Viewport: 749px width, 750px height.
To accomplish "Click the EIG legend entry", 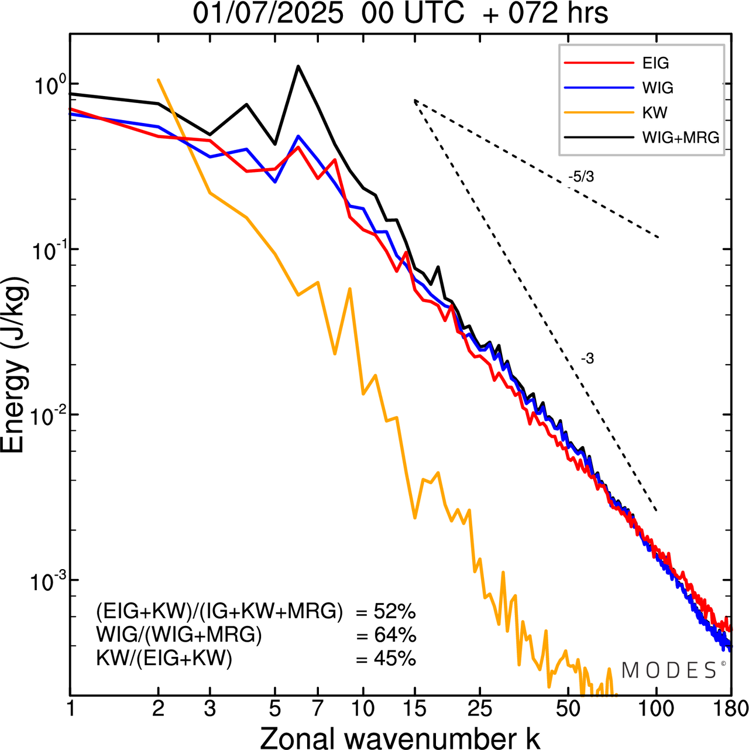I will pos(655,63).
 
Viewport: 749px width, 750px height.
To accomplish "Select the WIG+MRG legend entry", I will pos(681,138).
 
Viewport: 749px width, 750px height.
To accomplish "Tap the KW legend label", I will pos(655,112).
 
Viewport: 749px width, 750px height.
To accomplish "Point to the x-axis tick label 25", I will pos(479,709).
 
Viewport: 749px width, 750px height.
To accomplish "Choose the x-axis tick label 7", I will pos(317,709).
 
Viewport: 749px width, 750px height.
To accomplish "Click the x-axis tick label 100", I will pos(657,709).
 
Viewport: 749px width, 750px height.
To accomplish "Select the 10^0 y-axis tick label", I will pos(46,85).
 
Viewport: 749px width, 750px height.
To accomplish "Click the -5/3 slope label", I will pos(580,177).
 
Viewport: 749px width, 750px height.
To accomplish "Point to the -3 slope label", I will pos(587,359).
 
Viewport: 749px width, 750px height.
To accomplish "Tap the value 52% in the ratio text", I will pos(394,612).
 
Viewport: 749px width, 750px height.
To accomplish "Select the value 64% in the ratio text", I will pos(394,635).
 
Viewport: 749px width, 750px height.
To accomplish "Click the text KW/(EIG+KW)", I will pos(164,659).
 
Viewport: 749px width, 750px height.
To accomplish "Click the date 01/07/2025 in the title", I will pos(268,13).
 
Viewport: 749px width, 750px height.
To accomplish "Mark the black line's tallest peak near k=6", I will pos(298,66).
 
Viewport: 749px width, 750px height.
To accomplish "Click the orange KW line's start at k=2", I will pos(158,80).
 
